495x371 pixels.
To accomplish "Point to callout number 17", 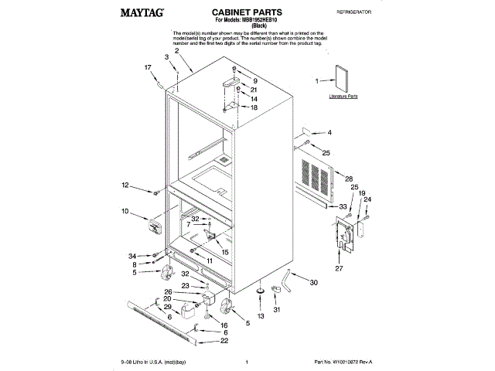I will click(148, 68).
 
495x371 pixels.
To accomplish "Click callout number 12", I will click(125, 185).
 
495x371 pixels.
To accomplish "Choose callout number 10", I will click(124, 210).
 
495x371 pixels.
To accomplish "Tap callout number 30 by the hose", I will click(314, 283).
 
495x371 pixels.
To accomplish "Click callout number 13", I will click(260, 317).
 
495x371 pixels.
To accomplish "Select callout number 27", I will click(337, 268).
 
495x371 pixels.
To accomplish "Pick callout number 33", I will click(343, 206).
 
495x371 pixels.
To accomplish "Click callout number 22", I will click(224, 341).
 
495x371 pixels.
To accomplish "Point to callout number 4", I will click(328, 132).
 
